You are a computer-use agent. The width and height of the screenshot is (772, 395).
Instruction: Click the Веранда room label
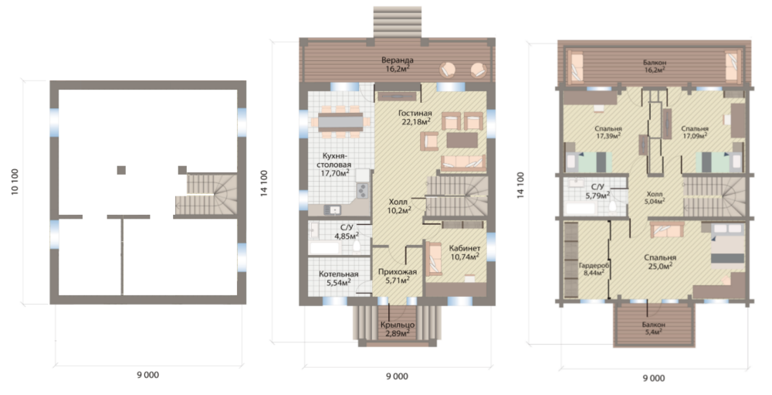[x=398, y=64]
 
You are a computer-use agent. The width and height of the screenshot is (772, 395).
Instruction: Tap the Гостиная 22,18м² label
[x=415, y=117]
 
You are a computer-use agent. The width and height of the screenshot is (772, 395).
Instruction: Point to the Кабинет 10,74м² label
[x=464, y=253]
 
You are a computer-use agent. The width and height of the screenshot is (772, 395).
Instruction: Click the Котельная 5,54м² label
[x=338, y=278]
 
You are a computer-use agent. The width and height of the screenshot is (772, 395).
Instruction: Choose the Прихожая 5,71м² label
[x=398, y=276]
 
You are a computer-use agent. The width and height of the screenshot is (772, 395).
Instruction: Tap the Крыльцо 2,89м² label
[x=397, y=329]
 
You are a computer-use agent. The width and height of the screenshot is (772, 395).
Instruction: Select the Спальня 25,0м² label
[x=660, y=262]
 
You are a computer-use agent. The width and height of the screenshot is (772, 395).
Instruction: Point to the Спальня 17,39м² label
[x=608, y=131]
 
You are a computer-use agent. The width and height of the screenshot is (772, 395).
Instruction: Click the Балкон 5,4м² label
[x=654, y=328]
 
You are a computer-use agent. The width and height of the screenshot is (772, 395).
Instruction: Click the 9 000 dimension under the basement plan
[x=147, y=375]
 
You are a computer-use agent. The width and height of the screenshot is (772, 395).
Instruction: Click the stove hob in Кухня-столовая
[x=363, y=190]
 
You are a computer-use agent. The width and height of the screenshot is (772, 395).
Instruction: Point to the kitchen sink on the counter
[x=334, y=209]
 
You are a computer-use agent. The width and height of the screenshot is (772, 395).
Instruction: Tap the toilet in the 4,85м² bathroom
[x=358, y=245]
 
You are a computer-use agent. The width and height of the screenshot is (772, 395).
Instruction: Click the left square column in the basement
[x=121, y=170]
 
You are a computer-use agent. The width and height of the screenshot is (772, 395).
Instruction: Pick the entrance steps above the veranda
[x=398, y=22]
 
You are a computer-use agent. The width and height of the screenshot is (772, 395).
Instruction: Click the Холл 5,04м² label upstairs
[x=655, y=197]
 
